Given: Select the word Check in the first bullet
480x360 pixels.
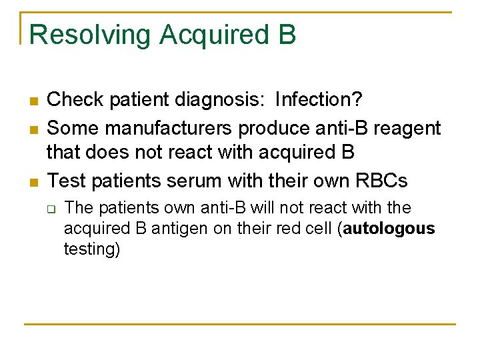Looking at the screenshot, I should coord(75,100).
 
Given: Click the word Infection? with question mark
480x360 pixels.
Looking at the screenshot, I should coord(319,100).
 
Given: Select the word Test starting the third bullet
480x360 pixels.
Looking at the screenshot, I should coord(67,180).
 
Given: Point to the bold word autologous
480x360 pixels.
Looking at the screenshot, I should coord(389,229).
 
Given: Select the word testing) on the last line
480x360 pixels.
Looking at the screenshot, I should coord(92,249).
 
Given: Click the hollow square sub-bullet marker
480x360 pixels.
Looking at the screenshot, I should coord(51,209).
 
